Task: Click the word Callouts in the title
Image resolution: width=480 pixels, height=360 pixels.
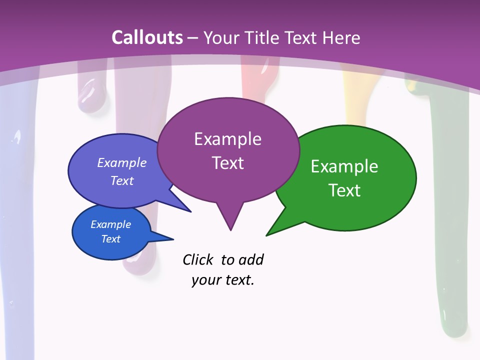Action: (147, 37)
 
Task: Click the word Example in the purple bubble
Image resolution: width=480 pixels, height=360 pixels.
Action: (227, 139)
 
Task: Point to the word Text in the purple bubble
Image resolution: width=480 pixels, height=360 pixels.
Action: (227, 163)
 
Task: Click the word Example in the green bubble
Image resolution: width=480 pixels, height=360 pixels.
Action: (344, 166)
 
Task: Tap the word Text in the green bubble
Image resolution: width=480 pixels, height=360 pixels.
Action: (344, 190)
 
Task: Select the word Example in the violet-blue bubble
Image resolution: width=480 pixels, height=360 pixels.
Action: (122, 162)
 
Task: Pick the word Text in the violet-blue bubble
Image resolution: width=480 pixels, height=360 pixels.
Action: (122, 180)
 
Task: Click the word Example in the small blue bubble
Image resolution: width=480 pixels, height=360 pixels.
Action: (111, 224)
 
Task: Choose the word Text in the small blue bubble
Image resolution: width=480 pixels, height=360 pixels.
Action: (111, 239)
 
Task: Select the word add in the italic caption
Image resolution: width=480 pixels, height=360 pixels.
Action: (250, 259)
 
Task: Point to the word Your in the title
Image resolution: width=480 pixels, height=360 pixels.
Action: (222, 37)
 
